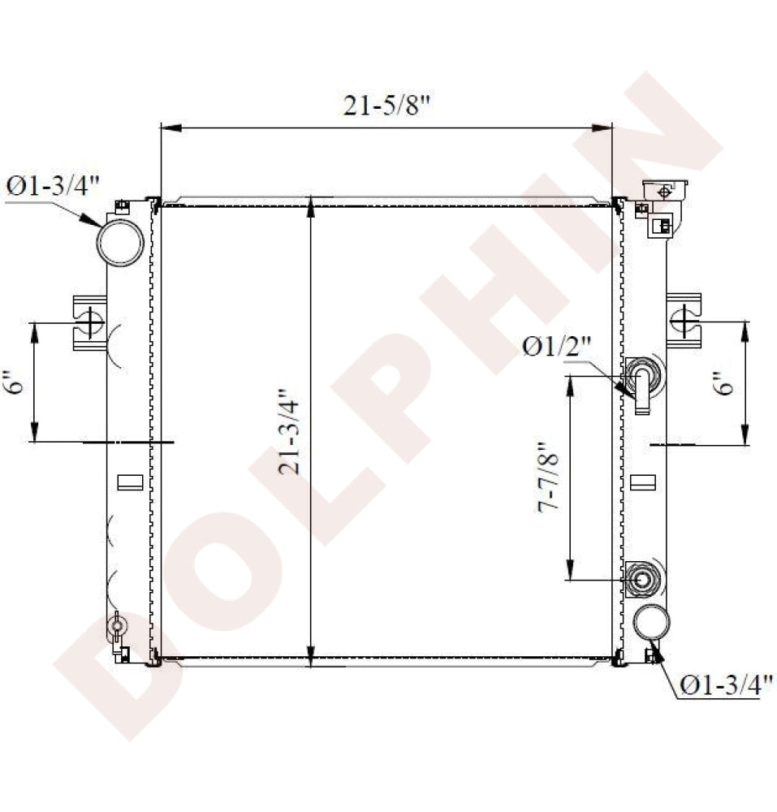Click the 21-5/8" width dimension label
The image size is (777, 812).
click(x=387, y=106)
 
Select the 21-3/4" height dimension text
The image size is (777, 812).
click(x=289, y=431)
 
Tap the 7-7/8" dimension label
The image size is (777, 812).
click(x=548, y=477)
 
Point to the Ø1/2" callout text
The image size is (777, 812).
click(x=556, y=346)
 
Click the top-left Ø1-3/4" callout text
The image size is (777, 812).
click(x=52, y=186)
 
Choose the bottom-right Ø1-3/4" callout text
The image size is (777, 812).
click(x=727, y=685)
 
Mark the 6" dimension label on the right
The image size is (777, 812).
click(x=726, y=383)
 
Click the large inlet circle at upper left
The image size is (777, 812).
click(x=121, y=242)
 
